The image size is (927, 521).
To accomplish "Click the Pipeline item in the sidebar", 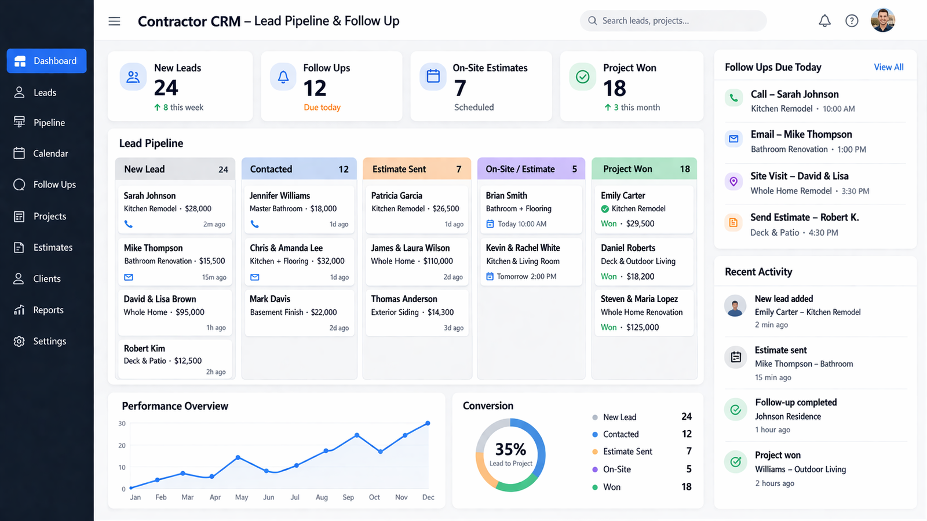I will pos(49,123).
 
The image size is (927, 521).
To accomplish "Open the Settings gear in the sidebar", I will pos(20,342).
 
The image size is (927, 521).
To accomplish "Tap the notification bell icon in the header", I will pos(824,21).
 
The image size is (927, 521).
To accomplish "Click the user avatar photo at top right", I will pos(882,21).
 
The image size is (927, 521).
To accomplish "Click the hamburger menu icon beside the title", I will pos(114,21).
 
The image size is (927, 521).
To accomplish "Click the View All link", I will pos(888,67).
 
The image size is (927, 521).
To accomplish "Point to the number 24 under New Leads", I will pos(166,88).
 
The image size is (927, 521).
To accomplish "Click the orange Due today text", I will pos(322,108).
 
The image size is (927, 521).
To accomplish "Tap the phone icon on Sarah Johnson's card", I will pos(129,224).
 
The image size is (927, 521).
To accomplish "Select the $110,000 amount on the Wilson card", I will pos(438,261).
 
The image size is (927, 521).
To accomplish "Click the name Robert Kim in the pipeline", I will pos(144,348).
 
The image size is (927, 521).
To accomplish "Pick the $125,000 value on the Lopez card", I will pos(643,327).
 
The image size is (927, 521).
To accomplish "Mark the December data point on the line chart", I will pos(428,423).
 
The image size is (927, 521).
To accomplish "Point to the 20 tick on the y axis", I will pos(122,446).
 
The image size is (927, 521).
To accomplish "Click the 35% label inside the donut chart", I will pos(510,449).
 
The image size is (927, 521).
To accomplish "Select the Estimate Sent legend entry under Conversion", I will pos(627,452).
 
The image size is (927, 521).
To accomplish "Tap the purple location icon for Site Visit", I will pos(733,182).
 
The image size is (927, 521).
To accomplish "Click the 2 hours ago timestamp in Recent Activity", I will pos(774,483).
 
